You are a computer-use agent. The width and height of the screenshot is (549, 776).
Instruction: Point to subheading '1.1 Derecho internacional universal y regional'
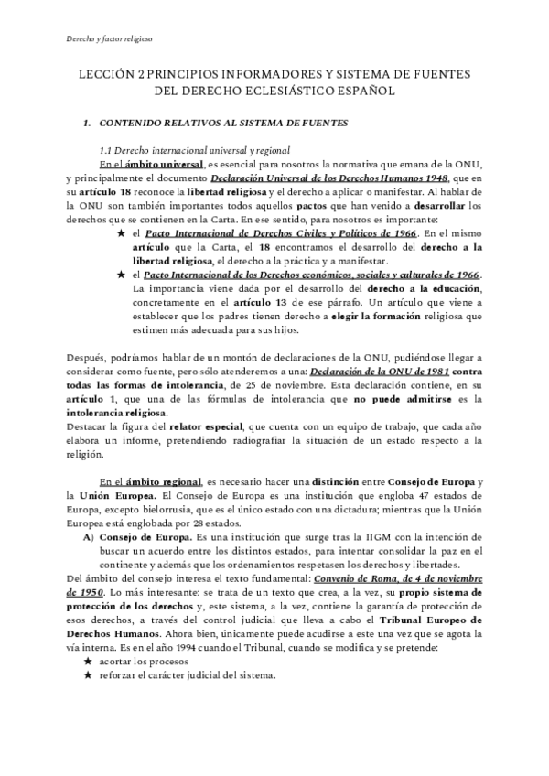tap(195, 150)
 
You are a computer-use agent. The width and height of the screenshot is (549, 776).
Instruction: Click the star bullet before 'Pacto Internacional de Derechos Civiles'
tap(121, 234)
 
